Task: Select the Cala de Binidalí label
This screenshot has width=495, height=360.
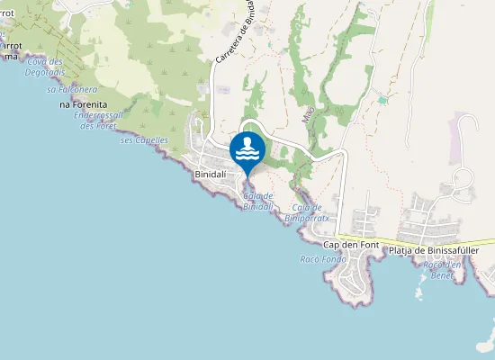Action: click(x=258, y=202)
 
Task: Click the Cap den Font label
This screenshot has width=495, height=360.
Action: click(x=350, y=245)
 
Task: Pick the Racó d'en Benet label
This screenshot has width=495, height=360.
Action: click(x=442, y=268)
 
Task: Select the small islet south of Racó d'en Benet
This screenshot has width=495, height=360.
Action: click(x=418, y=292)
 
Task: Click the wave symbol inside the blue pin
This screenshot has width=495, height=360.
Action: click(x=247, y=154)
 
